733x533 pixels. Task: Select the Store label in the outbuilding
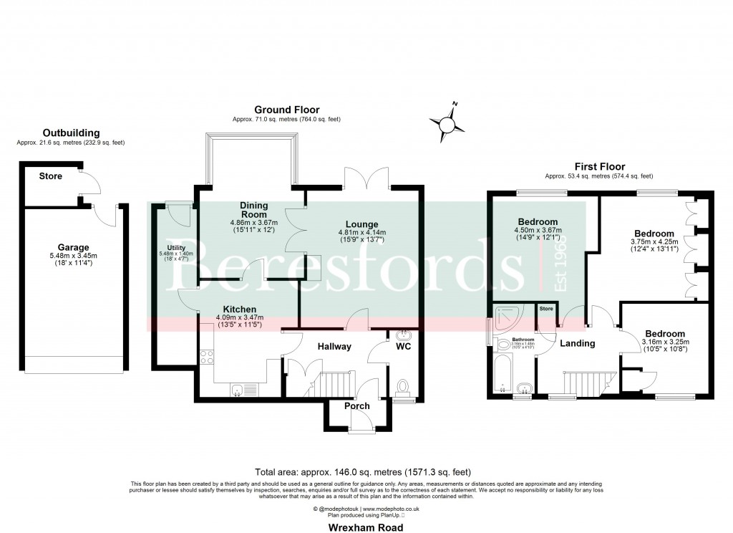point(51,176)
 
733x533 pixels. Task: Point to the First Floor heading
point(598,165)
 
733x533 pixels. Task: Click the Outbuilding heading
point(71,133)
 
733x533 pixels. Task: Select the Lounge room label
point(361,224)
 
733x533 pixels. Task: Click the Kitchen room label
point(241,309)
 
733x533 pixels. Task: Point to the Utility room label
point(166,248)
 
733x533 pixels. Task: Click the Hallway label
point(334,347)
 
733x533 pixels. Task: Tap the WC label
point(404,346)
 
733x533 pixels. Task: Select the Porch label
point(357,406)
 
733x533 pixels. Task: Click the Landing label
point(577,343)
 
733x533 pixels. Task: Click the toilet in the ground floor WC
point(403,388)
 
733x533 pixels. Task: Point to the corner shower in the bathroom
point(510,315)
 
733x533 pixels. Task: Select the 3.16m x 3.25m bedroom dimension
point(664,342)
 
